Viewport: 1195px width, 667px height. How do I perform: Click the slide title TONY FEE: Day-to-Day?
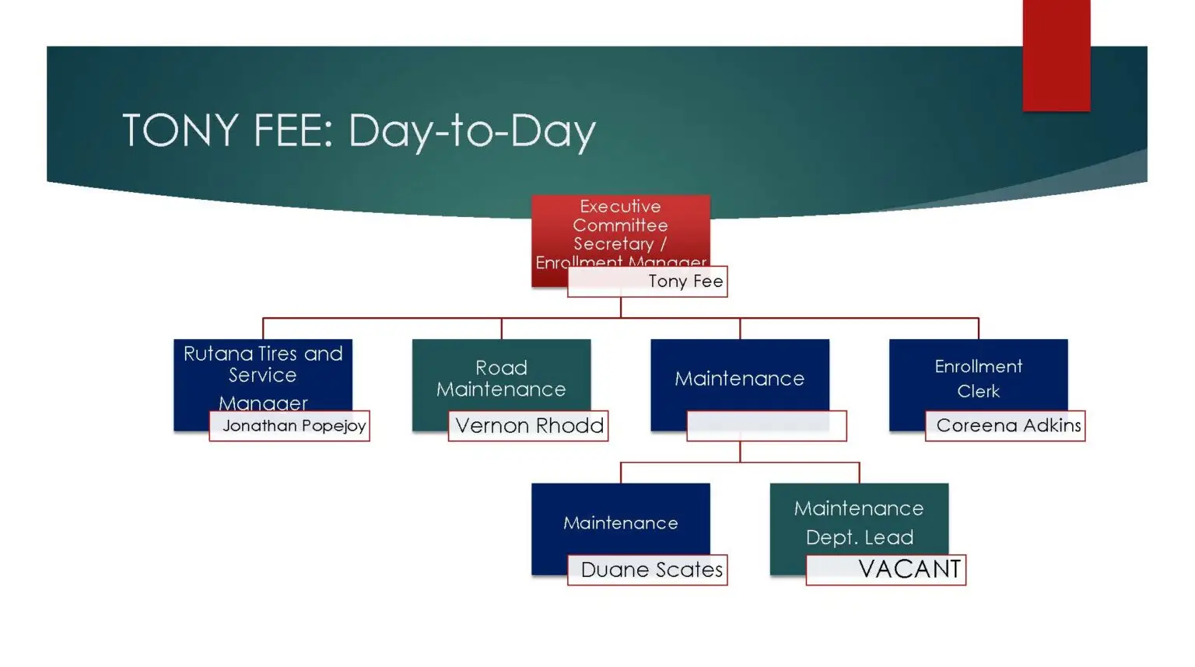359,130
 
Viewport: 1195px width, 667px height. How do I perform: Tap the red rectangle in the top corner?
1056,54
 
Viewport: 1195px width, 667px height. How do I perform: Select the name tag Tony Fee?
685,281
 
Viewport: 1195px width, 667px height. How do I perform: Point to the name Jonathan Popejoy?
293,426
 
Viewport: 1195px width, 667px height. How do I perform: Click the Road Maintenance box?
501,378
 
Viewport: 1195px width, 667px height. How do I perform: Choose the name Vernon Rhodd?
529,426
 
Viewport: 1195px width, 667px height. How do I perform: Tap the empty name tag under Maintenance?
766,426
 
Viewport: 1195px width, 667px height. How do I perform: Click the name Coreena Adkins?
1008,426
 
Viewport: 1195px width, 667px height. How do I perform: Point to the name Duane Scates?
651,570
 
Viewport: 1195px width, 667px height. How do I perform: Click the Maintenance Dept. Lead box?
859,521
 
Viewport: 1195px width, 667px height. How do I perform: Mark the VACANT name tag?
909,569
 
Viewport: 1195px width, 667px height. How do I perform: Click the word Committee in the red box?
620,225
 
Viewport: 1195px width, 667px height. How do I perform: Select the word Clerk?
978,391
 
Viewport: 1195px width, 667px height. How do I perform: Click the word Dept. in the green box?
827,537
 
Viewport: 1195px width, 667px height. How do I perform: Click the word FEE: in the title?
293,130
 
